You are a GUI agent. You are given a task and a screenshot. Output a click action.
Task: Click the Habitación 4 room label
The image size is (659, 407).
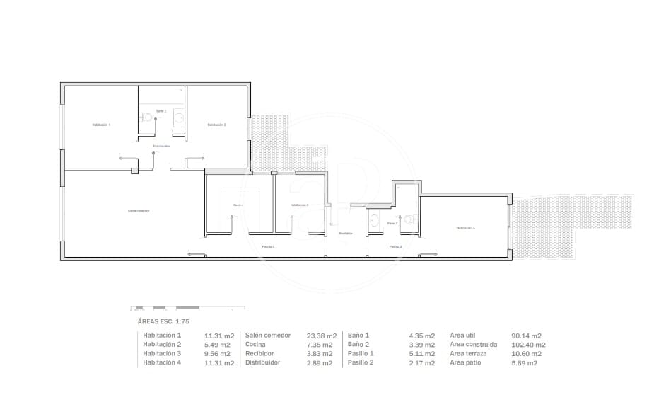(x=101, y=125)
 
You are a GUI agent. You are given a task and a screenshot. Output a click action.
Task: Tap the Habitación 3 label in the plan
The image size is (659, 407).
(x=216, y=125)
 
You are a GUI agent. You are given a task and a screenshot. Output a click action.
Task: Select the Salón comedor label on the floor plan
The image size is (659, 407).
(x=138, y=210)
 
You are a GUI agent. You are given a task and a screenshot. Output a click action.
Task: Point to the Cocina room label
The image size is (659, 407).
(x=238, y=205)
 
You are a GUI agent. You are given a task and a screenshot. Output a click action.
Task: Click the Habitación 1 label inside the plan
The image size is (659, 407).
(x=466, y=227)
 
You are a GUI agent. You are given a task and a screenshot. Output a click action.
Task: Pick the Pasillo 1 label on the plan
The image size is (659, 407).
(x=268, y=246)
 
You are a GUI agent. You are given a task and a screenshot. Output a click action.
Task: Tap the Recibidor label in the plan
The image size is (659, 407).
(x=346, y=233)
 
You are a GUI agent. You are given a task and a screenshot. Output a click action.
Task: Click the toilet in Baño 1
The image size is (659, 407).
(x=148, y=117)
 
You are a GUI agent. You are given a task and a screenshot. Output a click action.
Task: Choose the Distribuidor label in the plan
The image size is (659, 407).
(x=161, y=146)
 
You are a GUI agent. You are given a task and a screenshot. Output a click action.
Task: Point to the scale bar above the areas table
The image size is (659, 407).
(x=188, y=308)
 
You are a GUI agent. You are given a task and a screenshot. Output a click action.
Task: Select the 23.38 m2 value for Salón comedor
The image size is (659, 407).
(x=312, y=336)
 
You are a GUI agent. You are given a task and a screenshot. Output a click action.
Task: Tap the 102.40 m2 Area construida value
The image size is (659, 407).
(x=528, y=345)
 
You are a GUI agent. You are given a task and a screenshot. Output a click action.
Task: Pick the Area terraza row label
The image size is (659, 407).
(x=468, y=354)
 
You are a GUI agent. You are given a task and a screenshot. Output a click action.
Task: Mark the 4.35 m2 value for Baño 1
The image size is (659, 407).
(x=420, y=336)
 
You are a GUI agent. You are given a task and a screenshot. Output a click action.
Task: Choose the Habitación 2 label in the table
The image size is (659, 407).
(x=162, y=345)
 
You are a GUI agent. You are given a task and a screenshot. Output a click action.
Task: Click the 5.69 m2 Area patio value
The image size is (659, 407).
(x=524, y=363)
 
